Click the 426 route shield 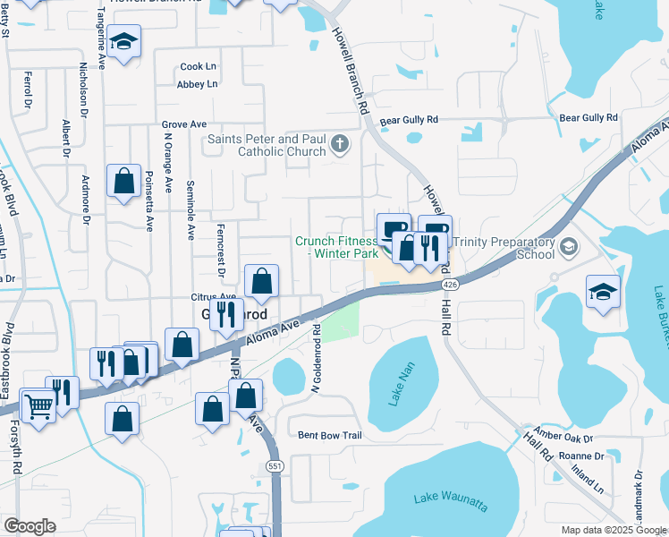pyautogui.click(x=449, y=284)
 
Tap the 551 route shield pyautogui.click(x=275, y=466)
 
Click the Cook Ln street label pyautogui.click(x=199, y=66)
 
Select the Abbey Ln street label pyautogui.click(x=198, y=84)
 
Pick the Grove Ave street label pyautogui.click(x=184, y=124)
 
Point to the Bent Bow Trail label pyautogui.click(x=329, y=436)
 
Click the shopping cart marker pyautogui.click(x=38, y=405)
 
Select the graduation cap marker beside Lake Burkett pyautogui.click(x=603, y=291)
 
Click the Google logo pyautogui.click(x=30, y=526)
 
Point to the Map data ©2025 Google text pyautogui.click(x=614, y=530)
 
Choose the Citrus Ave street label pyautogui.click(x=213, y=296)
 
